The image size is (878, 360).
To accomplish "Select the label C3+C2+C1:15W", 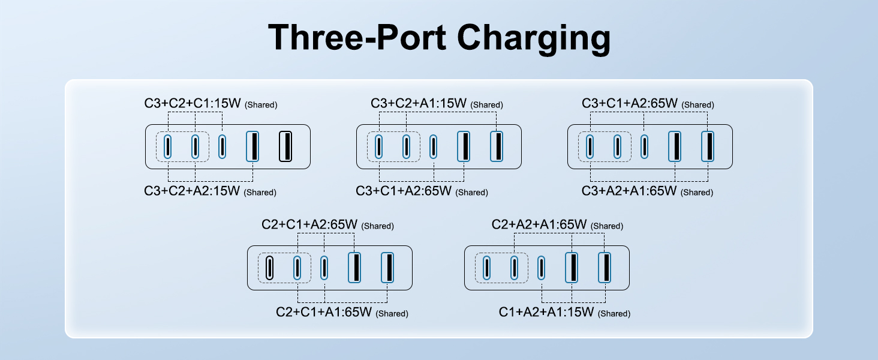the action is (192, 103).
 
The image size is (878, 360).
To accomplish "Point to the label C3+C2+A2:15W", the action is (192, 191).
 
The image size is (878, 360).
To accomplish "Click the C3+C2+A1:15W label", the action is (419, 103).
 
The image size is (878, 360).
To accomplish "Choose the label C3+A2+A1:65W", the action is (629, 191).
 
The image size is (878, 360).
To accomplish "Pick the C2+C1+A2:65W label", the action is (309, 224).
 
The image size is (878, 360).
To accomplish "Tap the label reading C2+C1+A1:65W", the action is (324, 312).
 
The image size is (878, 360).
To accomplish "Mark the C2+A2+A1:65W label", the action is (539, 224).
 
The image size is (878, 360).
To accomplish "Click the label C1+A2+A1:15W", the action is (546, 312).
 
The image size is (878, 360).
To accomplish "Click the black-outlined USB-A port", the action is (285, 146).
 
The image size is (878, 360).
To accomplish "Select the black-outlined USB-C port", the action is (270, 268).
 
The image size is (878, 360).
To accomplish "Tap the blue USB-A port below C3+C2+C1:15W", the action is (253, 146).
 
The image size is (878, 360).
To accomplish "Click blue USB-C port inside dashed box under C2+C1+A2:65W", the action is (297, 268).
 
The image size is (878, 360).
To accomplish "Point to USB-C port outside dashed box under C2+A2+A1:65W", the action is (542, 268).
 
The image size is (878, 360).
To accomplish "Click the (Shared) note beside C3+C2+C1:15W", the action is (261, 105).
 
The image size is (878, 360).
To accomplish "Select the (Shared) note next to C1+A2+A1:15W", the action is (615, 314).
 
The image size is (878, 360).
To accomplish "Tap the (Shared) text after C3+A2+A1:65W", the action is (697, 193).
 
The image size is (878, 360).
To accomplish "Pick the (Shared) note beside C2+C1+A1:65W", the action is (392, 314).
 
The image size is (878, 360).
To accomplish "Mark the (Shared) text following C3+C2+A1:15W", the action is (487, 105).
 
